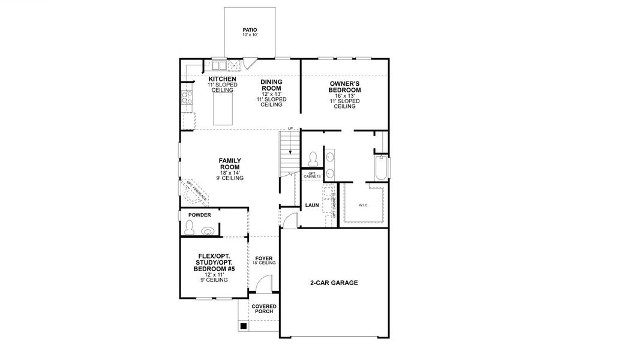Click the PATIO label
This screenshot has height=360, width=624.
(x=250, y=29)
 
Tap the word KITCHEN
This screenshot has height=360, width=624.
(x=222, y=79)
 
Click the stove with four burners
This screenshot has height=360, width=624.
(x=187, y=97)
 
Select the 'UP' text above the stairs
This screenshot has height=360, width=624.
(x=290, y=129)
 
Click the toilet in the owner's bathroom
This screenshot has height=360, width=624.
(x=312, y=158)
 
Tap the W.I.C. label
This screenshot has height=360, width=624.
(x=364, y=205)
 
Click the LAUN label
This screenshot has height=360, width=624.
(x=312, y=205)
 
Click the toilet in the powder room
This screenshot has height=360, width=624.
(x=190, y=227)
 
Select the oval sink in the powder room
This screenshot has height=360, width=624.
(x=208, y=230)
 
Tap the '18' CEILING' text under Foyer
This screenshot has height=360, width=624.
(x=264, y=263)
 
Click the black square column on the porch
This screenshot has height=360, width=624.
(x=244, y=326)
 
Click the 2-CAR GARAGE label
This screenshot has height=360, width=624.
(x=334, y=283)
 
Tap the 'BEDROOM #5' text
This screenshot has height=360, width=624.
(x=214, y=269)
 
